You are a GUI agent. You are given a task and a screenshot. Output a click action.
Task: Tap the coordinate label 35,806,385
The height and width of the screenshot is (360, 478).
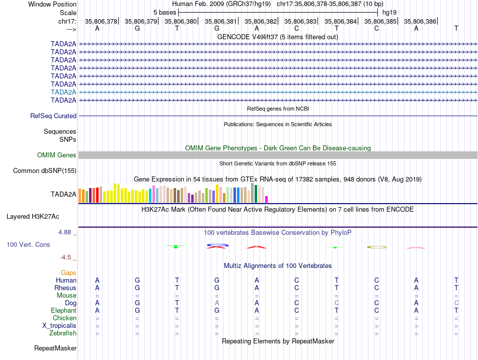(x=380, y=21)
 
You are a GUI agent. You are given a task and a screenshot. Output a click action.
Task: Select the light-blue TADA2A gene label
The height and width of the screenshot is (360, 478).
(x=63, y=92)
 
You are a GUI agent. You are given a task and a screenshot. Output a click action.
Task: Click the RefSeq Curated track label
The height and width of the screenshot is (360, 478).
(x=53, y=116)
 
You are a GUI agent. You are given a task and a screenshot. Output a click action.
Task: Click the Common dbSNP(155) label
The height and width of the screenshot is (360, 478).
(x=45, y=170)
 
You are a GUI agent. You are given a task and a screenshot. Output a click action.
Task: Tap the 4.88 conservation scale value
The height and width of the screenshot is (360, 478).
(x=67, y=232)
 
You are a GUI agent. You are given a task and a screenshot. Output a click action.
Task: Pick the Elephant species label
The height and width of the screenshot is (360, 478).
(x=63, y=311)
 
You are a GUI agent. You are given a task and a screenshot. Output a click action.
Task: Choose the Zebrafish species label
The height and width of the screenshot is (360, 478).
(x=63, y=333)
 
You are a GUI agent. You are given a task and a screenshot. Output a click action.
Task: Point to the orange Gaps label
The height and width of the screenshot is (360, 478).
(x=68, y=273)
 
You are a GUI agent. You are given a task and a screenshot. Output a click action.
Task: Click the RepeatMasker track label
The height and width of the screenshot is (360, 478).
(x=55, y=348)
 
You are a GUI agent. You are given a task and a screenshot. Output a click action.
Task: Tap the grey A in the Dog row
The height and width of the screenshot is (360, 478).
(x=217, y=303)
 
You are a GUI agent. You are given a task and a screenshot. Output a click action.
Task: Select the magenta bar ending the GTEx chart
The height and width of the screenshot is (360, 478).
(x=267, y=199)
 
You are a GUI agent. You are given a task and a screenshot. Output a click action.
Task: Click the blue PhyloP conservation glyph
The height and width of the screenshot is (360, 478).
(x=217, y=245)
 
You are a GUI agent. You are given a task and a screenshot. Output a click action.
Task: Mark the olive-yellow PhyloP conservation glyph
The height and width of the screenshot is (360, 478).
(x=376, y=247)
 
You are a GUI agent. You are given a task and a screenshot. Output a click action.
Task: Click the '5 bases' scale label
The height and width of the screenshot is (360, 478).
(x=165, y=12)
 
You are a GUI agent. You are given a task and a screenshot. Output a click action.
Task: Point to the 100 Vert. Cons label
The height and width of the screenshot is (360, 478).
(x=28, y=244)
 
